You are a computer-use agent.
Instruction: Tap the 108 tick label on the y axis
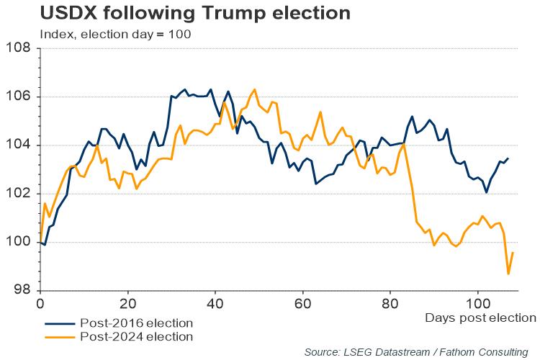[x=19, y=48]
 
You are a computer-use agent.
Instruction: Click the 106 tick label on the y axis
[x=19, y=96]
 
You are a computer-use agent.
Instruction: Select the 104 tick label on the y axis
[x=19, y=145]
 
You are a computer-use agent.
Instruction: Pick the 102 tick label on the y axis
[x=19, y=194]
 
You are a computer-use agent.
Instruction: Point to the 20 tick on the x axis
[x=127, y=302]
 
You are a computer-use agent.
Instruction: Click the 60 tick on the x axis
[x=303, y=302]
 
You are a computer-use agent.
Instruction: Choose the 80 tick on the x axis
[x=390, y=302]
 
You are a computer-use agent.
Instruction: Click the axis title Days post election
[x=480, y=318]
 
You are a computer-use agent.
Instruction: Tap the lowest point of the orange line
[x=508, y=274]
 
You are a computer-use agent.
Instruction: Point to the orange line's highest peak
[x=255, y=89]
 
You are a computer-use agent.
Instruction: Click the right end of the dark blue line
[x=508, y=158]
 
